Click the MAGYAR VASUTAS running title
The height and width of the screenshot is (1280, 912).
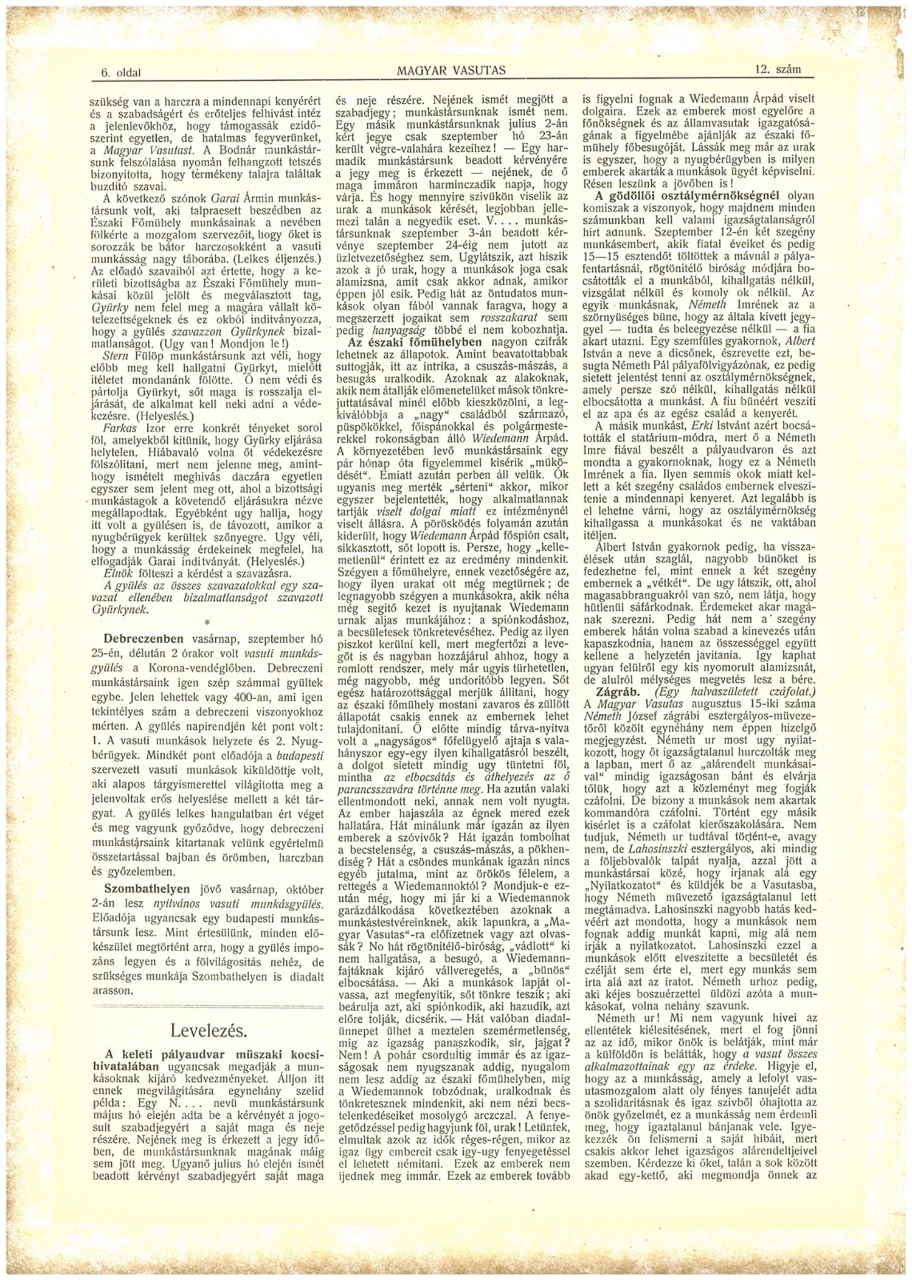click(451, 71)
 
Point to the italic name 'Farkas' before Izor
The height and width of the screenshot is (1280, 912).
click(119, 427)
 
